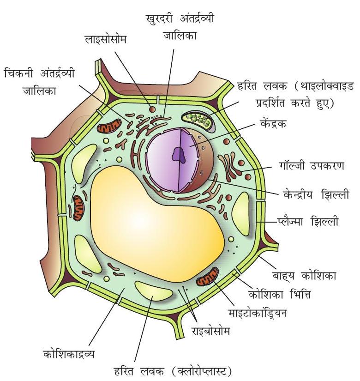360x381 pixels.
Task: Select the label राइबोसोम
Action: [210, 331]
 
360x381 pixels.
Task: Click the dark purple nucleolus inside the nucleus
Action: [178, 156]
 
